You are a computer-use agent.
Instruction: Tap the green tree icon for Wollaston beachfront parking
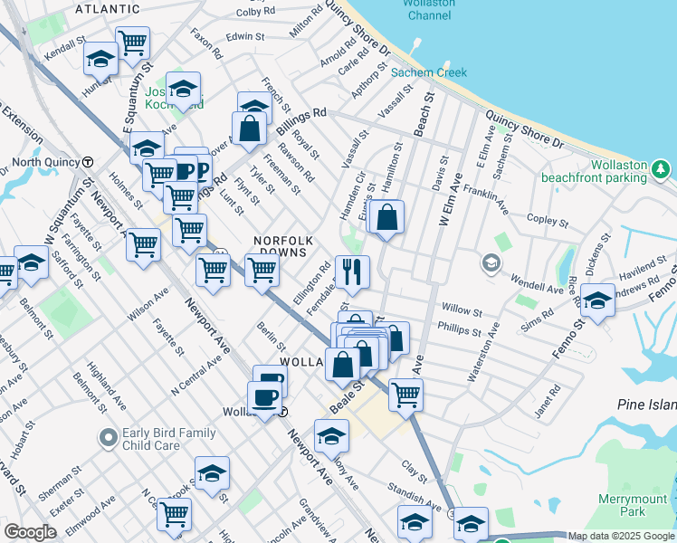tap(662, 168)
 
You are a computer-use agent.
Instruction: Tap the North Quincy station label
tap(41, 162)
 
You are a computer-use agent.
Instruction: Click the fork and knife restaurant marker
tap(352, 271)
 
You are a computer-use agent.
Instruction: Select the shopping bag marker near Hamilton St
tap(386, 217)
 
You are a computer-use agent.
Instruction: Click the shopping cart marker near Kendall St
tap(133, 42)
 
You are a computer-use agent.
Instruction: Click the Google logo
tap(30, 532)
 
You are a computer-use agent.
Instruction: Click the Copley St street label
tap(547, 220)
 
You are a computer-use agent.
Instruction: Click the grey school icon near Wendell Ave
tap(491, 263)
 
